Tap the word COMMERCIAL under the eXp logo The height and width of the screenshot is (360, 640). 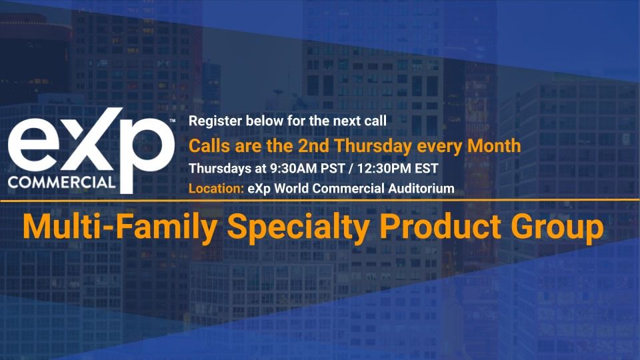click(x=61, y=182)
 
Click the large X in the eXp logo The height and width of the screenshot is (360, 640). click(x=87, y=139)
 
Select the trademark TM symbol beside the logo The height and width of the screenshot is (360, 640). click(x=172, y=121)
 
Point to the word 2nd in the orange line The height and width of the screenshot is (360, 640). click(x=313, y=146)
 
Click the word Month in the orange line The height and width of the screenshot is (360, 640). click(x=494, y=146)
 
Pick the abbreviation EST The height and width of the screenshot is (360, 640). click(x=427, y=168)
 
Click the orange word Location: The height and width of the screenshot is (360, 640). click(x=216, y=188)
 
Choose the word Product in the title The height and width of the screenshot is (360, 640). click(x=440, y=227)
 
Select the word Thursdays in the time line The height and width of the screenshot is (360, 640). click(x=220, y=168)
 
